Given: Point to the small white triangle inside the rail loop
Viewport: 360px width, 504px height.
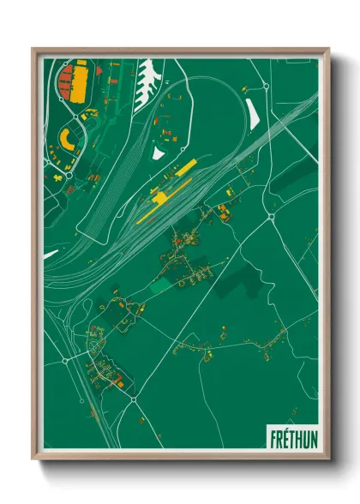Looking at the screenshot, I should (x=157, y=152).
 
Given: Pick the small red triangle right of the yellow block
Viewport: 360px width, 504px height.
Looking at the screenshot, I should (x=97, y=69).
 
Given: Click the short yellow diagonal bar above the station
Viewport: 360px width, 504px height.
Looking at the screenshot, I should (x=185, y=167).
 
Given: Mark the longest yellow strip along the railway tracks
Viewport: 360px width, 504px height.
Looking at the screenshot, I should (x=154, y=207).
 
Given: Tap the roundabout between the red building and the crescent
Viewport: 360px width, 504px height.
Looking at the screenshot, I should (x=70, y=118).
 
